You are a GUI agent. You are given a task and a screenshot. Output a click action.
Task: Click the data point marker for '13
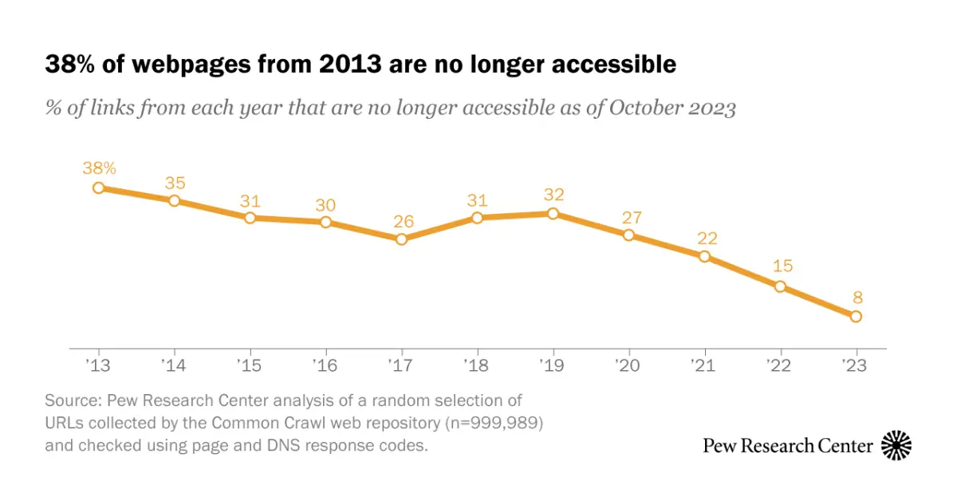point(98,187)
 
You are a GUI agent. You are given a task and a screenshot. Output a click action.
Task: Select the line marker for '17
point(401,239)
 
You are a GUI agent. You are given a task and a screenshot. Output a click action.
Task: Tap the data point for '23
point(856,317)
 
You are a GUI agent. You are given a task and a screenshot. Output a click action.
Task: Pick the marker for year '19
point(553,213)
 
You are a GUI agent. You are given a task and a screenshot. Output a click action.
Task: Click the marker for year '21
point(704,256)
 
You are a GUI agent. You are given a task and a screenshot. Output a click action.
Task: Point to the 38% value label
point(99,168)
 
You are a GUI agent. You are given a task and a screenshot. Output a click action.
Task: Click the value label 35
point(174,183)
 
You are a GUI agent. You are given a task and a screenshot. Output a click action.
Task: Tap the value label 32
point(553,194)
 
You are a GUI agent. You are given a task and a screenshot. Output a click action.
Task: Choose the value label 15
point(780,266)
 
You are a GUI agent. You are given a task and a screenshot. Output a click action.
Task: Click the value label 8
point(856,298)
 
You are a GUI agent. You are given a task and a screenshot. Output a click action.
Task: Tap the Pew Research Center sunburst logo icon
point(896,445)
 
